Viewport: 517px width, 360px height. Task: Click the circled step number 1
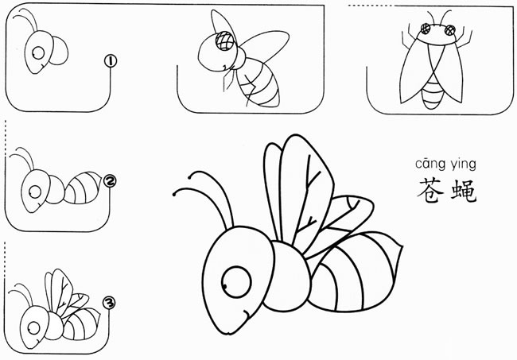click(x=111, y=61)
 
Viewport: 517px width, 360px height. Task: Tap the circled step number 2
click(x=110, y=181)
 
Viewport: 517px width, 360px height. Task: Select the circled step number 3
click(x=109, y=303)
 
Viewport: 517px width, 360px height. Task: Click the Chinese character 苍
click(x=430, y=191)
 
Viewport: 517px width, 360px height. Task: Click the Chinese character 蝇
click(x=464, y=191)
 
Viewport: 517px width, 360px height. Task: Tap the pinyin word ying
click(x=464, y=165)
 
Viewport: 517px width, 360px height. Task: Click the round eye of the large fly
click(x=236, y=282)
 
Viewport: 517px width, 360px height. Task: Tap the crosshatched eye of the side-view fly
click(x=225, y=41)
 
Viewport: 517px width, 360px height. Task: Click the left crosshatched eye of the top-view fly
click(x=426, y=29)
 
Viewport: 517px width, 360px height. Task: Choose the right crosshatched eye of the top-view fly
click(x=449, y=30)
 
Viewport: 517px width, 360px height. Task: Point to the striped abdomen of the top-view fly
click(x=431, y=93)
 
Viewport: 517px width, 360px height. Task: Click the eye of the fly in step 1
click(x=39, y=52)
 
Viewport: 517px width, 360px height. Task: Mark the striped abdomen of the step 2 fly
click(x=83, y=188)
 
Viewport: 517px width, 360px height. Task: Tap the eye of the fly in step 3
click(x=33, y=328)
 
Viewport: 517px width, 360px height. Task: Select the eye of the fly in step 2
click(x=35, y=192)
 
